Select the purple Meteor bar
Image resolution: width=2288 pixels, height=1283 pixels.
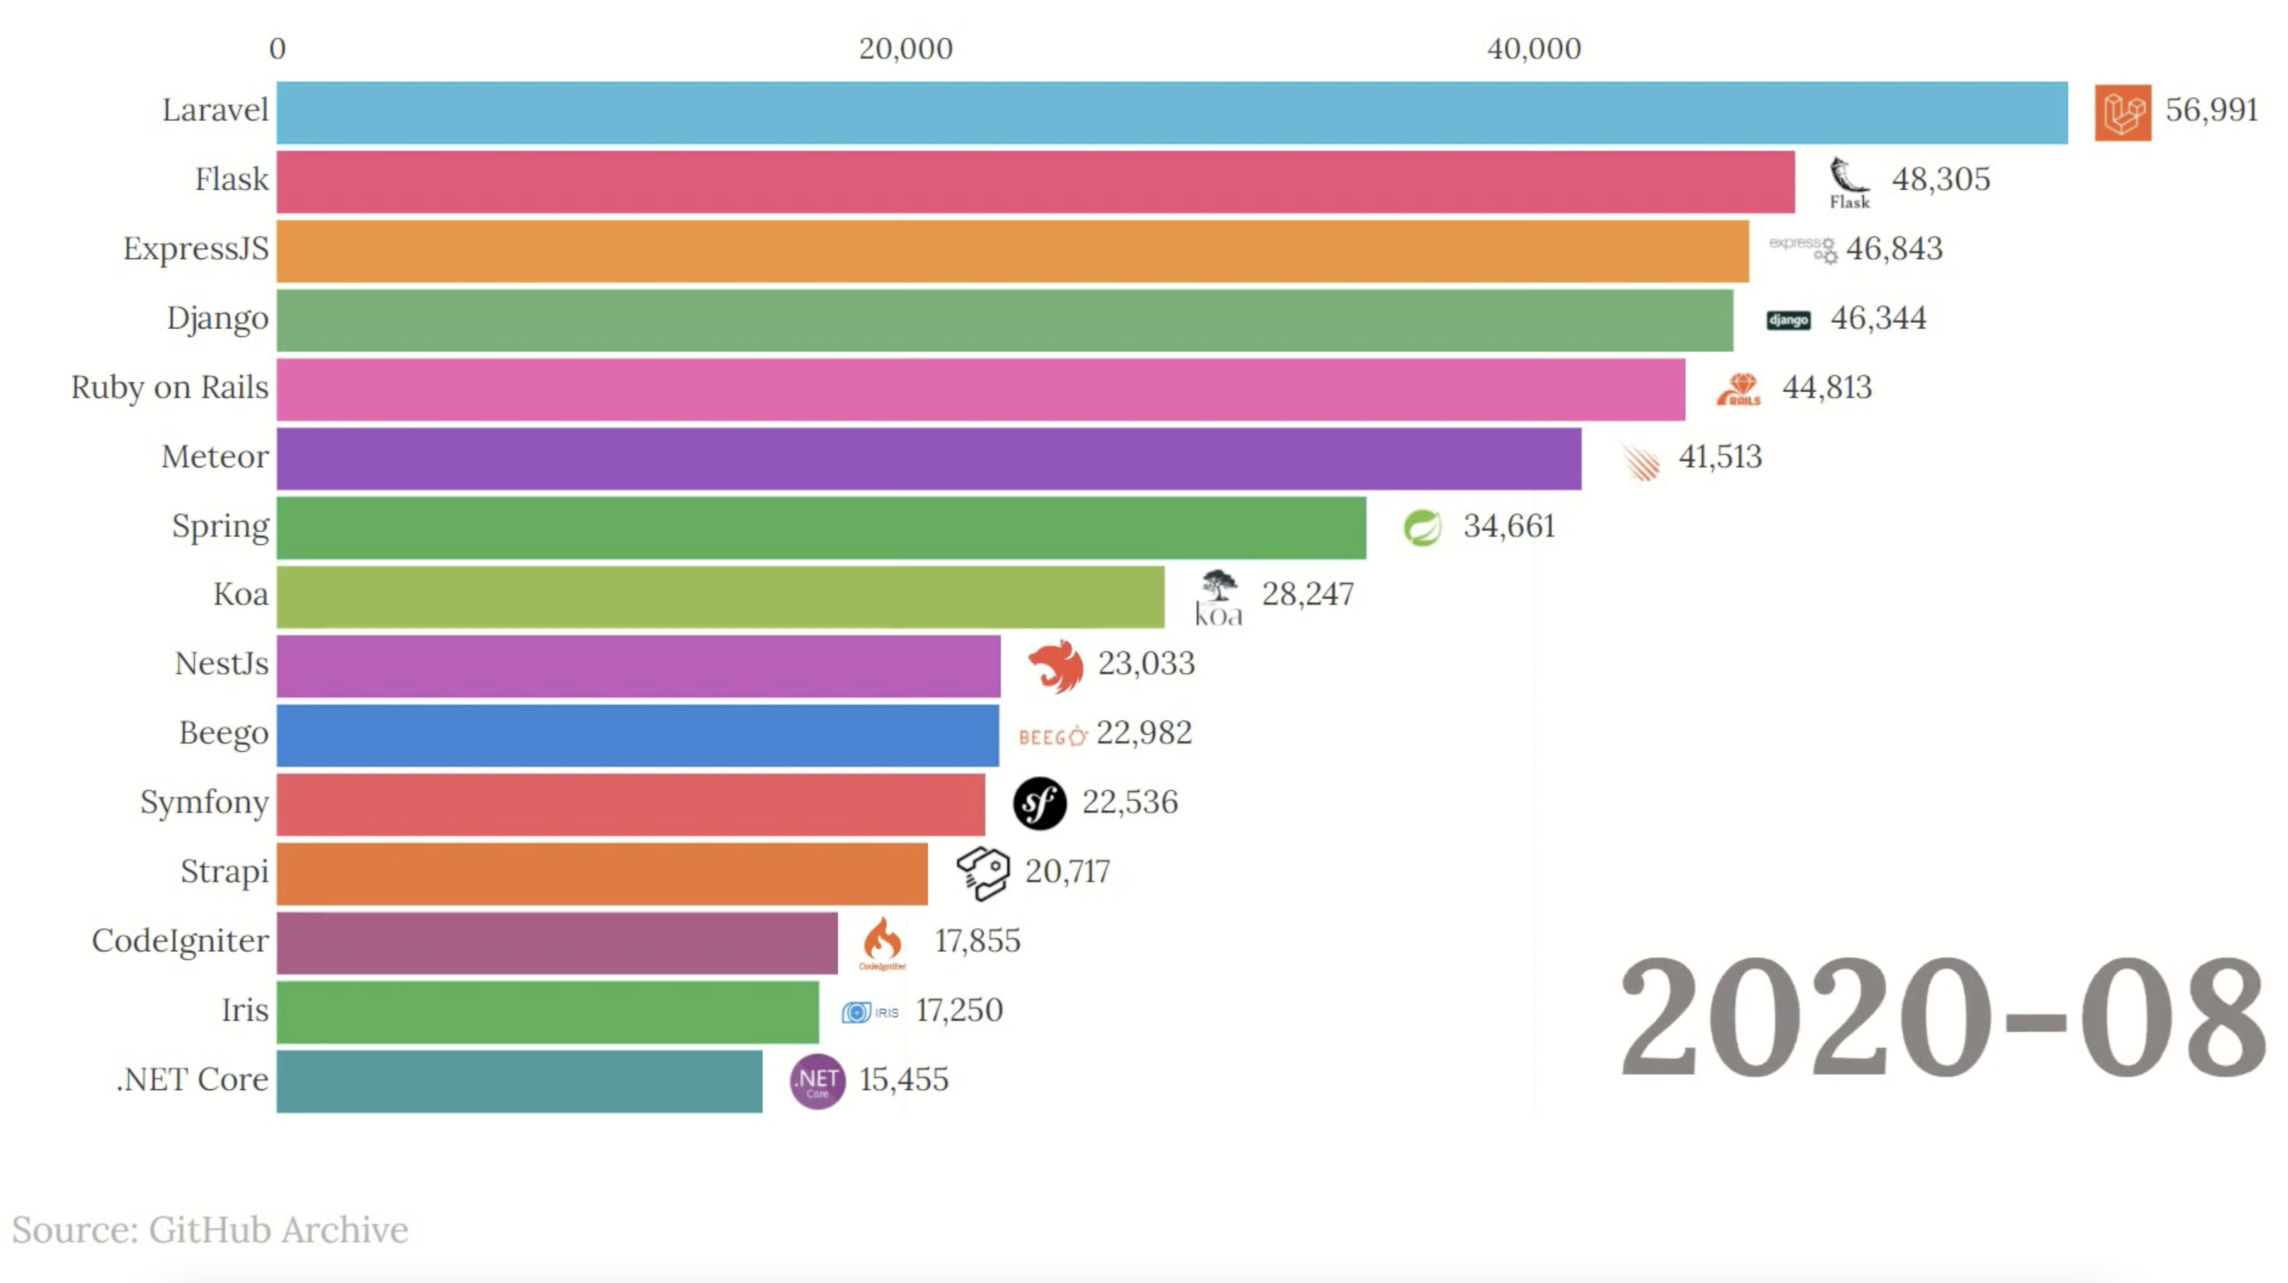928,458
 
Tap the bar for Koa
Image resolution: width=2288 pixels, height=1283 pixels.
720,596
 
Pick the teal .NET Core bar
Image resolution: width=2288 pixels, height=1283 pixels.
519,1082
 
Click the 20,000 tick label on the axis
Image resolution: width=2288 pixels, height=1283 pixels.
905,49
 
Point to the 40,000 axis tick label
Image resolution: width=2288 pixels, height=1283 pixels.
1534,49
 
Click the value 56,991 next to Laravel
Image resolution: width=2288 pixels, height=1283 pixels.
2211,110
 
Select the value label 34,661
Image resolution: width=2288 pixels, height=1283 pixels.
1509,526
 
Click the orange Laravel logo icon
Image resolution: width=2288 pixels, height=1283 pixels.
2122,112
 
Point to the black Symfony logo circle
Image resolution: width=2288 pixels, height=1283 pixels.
1039,803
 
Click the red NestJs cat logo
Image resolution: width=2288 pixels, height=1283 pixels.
1055,665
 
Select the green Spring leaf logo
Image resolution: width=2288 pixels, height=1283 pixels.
1422,528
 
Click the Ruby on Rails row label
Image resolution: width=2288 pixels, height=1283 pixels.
169,388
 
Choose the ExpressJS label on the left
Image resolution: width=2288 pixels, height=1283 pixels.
195,249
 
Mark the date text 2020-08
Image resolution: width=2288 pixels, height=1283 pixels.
1941,1018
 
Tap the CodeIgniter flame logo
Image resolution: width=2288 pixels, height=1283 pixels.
882,941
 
